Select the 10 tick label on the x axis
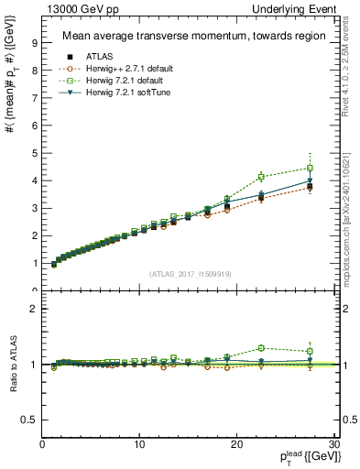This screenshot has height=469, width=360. pyautogui.click(x=139, y=444)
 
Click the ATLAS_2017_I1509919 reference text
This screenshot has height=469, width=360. pyautogui.click(x=189, y=273)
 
